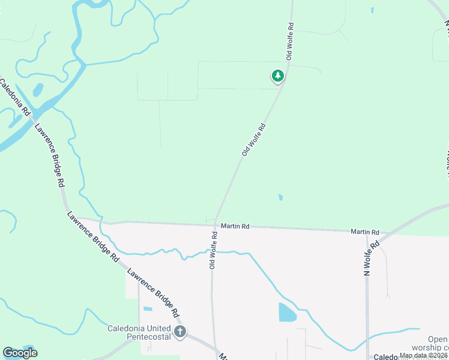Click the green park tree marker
tap(277, 76)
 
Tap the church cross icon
tap(179, 332)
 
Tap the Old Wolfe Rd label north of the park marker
tap(290, 41)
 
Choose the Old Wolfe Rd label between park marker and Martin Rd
tap(253, 140)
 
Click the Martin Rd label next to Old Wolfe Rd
tap(235, 226)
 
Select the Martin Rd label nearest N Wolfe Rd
tap(365, 232)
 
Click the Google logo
tap(20, 353)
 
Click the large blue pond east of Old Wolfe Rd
tap(287, 313)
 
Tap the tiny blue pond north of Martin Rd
tap(280, 197)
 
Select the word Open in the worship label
tap(438, 339)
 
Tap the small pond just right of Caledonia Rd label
tap(38, 90)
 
